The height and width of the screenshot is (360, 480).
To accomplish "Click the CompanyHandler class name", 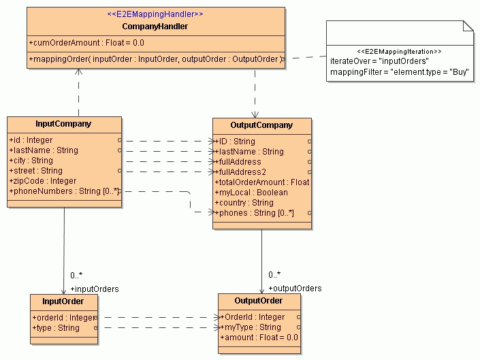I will [x=155, y=27].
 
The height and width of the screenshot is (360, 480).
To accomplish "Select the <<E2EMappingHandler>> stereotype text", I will [x=155, y=14].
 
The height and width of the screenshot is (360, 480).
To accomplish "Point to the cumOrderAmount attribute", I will [x=86, y=42].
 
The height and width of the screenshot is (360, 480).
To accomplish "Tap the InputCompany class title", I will [x=63, y=124].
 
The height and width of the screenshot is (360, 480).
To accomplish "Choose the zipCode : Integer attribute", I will [x=42, y=181].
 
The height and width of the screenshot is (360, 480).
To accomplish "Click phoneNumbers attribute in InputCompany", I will [x=64, y=192].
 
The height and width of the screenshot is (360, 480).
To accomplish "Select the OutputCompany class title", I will [x=261, y=125].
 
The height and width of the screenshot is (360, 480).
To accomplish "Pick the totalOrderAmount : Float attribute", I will [x=262, y=182].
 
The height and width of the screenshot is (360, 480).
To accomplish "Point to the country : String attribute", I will [x=244, y=203].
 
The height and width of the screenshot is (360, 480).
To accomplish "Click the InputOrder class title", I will [x=63, y=301].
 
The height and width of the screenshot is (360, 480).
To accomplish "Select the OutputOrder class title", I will [x=258, y=301].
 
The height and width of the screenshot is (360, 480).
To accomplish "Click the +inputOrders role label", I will [x=94, y=289].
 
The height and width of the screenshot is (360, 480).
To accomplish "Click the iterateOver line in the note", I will [x=379, y=61].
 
